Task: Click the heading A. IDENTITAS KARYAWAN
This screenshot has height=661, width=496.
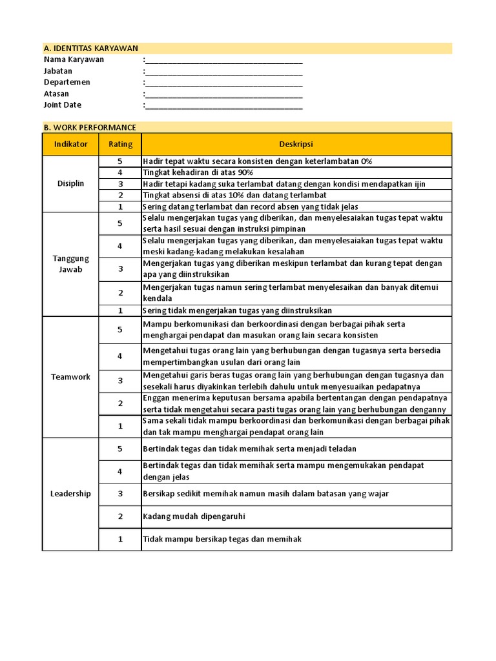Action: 90,48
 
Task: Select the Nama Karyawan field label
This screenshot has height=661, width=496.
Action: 74,59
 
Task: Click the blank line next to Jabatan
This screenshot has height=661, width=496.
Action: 224,71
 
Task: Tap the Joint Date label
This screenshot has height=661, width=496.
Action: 63,105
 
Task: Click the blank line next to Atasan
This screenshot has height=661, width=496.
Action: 224,94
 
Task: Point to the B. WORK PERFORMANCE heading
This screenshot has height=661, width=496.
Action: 90,128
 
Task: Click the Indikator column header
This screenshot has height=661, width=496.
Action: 70,145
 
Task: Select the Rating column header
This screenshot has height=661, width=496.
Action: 120,145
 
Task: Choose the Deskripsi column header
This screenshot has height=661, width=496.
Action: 296,145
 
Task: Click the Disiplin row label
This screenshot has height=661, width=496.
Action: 70,184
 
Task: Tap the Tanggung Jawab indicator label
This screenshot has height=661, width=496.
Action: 70,264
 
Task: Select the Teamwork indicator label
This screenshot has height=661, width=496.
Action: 70,377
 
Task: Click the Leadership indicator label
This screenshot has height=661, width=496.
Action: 70,494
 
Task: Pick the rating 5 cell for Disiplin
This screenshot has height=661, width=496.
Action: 120,161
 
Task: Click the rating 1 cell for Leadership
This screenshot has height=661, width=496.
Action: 120,539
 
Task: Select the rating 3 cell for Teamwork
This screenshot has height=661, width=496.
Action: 120,381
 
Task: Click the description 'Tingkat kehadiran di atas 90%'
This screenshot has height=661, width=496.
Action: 198,173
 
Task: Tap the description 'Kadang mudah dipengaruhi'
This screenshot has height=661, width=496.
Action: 194,516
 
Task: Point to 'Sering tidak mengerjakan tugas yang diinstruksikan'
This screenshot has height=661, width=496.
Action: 232,310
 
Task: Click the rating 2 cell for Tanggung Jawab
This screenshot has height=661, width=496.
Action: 120,293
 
